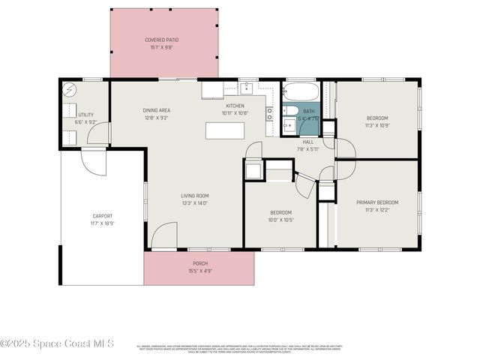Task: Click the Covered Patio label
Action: pyautogui.click(x=161, y=40)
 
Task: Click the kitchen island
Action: pyautogui.click(x=225, y=130)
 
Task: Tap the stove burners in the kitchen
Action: pyautogui.click(x=268, y=114)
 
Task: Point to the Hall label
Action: pyautogui.click(x=307, y=141)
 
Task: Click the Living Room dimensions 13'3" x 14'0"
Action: pyautogui.click(x=193, y=203)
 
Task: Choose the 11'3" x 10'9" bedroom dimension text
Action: pyautogui.click(x=377, y=125)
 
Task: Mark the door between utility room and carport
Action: pyautogui.click(x=94, y=159)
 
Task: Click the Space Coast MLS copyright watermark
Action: pyautogui.click(x=57, y=343)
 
